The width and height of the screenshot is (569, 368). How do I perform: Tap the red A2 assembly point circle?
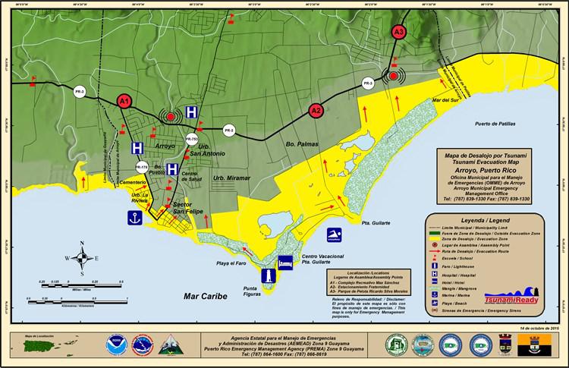point(316,112)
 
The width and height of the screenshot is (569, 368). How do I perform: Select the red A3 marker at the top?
point(398,32)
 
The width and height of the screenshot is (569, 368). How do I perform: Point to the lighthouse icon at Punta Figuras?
point(269,277)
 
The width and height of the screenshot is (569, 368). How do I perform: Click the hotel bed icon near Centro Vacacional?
point(286,262)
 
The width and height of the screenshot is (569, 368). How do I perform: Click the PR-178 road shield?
point(141,165)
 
